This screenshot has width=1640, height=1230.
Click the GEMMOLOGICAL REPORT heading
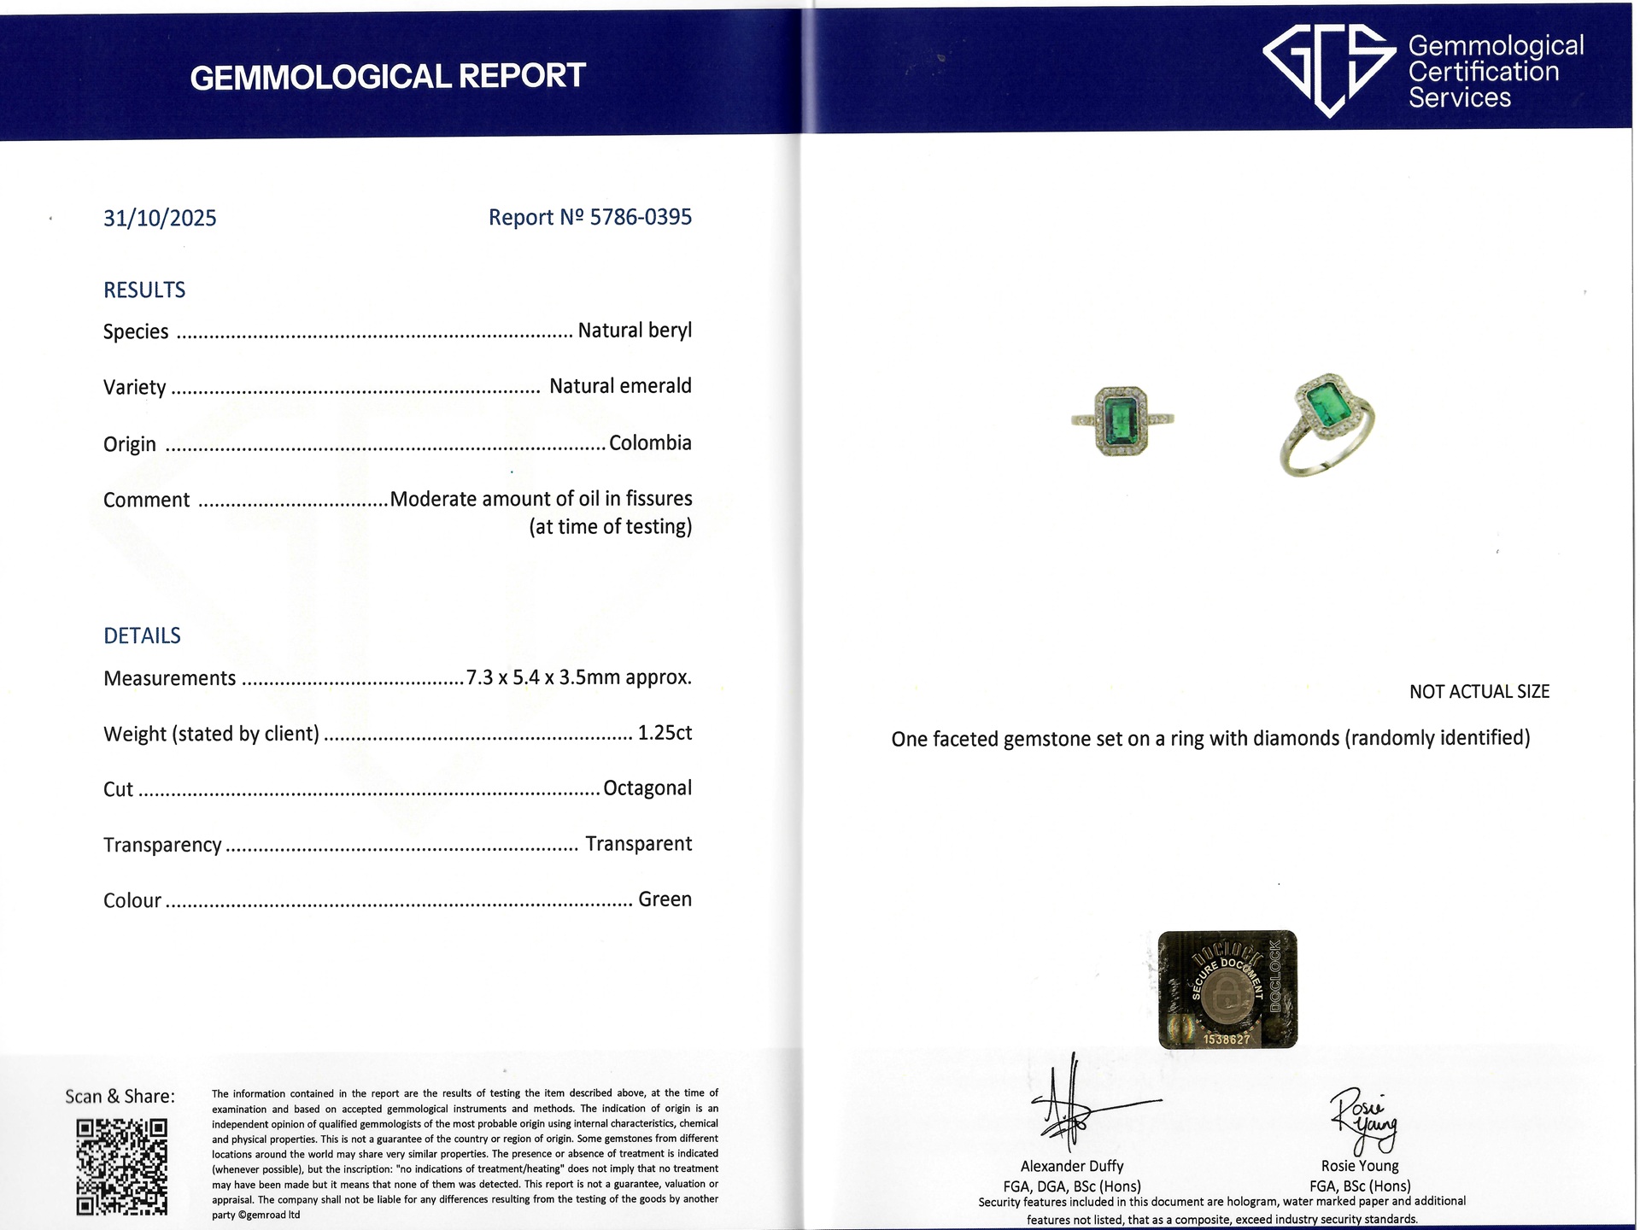coord(387,77)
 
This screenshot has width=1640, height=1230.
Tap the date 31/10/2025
coord(160,219)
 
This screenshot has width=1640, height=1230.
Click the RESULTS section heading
coord(144,290)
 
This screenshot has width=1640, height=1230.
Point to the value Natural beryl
coord(635,331)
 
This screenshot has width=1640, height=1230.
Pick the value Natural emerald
coord(620,386)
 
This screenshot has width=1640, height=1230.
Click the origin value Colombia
coord(650,443)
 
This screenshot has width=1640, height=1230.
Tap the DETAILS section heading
coord(142,635)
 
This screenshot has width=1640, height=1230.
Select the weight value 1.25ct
coord(665,733)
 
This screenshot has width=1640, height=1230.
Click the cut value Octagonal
coord(647,788)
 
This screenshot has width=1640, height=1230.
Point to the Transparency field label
coord(162,845)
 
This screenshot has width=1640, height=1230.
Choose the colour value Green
coord(665,899)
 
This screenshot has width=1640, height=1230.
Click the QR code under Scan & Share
coord(122,1167)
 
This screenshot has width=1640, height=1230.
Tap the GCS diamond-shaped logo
coord(1330,68)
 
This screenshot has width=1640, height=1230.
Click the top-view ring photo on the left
coord(1122,420)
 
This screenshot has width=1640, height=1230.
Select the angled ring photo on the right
coord(1327,424)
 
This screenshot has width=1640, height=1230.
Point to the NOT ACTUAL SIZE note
coord(1479,692)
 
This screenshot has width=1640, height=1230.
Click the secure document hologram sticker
coord(1227,990)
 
